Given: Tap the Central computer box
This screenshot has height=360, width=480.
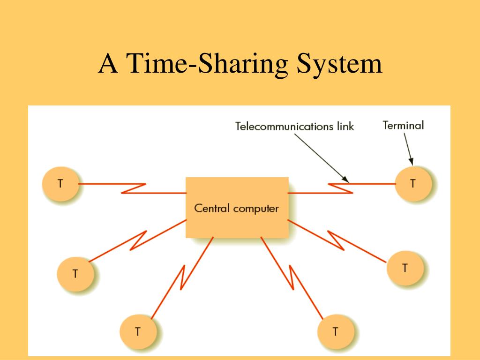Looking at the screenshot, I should (237, 207).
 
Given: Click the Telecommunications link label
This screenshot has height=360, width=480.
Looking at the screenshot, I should (294, 126).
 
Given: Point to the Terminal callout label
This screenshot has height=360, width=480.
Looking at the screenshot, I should (403, 125).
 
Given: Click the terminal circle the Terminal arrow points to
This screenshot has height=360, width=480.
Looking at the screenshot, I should (413, 184).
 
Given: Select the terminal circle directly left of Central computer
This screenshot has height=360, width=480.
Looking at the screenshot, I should (60, 184).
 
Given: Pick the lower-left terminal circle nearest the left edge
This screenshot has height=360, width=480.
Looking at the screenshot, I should (75, 273).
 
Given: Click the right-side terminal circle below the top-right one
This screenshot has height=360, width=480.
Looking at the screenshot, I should (405, 268).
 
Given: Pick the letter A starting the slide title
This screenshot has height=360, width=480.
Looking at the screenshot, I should (108, 64).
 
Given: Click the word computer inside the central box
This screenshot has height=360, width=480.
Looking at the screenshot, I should (256, 208).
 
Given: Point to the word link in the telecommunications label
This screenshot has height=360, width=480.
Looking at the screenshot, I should (345, 126).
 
